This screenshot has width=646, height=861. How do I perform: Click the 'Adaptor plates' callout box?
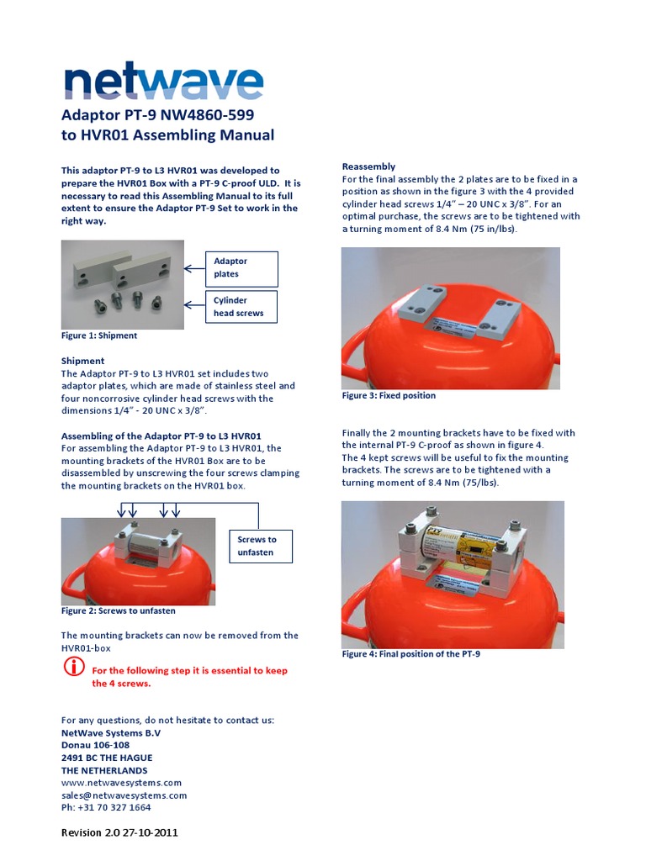click(x=242, y=267)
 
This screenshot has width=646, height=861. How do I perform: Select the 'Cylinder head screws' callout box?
click(x=242, y=306)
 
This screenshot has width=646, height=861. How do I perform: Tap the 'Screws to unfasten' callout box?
click(x=261, y=546)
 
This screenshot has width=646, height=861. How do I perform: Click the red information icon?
click(x=74, y=668)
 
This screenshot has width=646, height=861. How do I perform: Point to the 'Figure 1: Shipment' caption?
click(x=99, y=335)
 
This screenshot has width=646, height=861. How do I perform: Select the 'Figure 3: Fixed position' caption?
click(x=389, y=395)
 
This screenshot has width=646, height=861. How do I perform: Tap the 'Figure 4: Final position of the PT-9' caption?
click(x=410, y=654)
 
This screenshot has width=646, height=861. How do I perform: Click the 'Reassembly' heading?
click(x=368, y=166)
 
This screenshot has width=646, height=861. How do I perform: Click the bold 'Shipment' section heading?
click(x=82, y=361)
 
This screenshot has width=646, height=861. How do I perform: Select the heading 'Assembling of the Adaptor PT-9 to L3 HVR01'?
click(x=161, y=436)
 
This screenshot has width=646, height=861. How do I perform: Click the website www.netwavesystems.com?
click(x=121, y=783)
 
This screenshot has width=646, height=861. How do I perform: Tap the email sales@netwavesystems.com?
click(x=124, y=795)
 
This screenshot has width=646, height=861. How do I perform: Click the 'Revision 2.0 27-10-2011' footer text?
click(x=119, y=833)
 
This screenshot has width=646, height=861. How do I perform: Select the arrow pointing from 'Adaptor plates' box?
click(x=194, y=268)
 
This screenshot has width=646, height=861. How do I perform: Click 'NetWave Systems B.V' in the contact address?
click(x=111, y=733)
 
